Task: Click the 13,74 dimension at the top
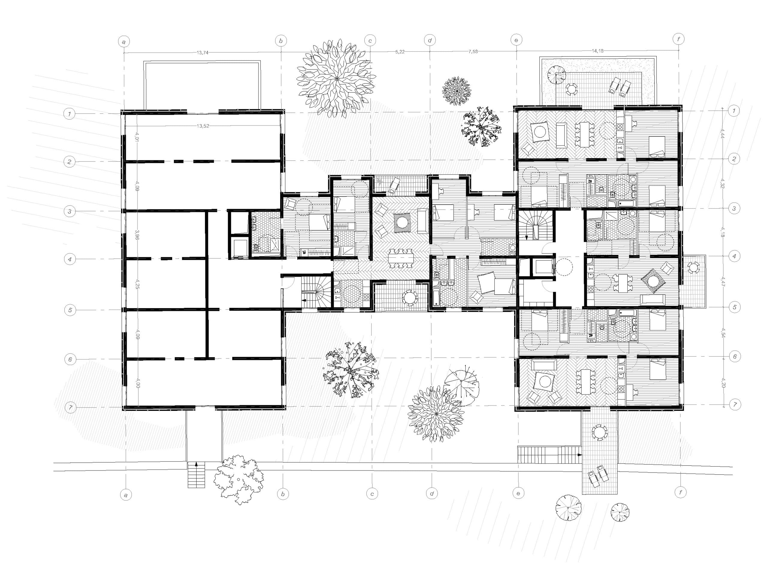coord(202,53)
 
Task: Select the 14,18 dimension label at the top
coord(597,51)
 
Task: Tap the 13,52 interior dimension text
coord(203,126)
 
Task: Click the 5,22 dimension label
coord(400,52)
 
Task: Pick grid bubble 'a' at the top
coord(124,42)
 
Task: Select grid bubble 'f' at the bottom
coord(680,492)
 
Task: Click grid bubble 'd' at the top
coord(430,41)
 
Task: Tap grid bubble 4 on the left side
coord(70,259)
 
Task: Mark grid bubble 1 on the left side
coord(70,114)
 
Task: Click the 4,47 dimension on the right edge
coord(723,282)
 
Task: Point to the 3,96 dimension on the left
coord(137,235)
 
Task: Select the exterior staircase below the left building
coord(196,475)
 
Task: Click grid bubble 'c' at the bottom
coord(372,494)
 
